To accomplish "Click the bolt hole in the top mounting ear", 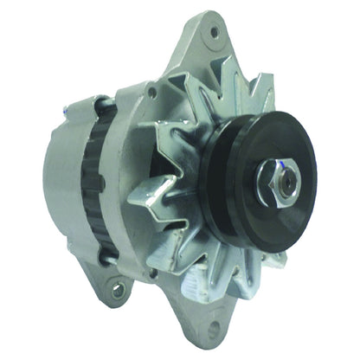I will (213, 32).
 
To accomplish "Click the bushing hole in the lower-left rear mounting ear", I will (116, 290).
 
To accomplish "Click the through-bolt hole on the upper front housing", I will (151, 90).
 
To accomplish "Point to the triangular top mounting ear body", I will (203, 52).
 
